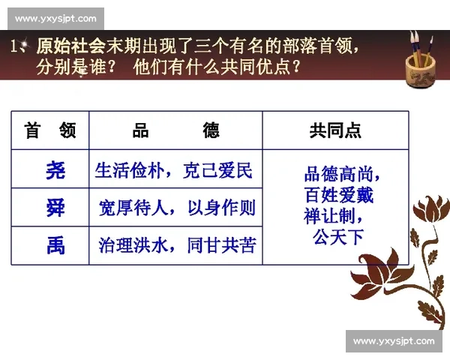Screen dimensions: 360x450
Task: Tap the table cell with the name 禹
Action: [x=55, y=245]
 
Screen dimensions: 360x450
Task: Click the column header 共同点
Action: [x=335, y=130]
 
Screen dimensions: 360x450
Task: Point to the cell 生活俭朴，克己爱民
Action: [x=173, y=170]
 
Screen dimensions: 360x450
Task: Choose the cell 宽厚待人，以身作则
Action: [x=176, y=208]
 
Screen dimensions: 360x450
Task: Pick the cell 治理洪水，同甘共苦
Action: [x=176, y=245]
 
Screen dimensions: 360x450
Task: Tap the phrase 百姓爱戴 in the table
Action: [x=338, y=196]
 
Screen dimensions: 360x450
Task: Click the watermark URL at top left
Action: [x=55, y=18]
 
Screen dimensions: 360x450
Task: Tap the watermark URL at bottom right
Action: [x=394, y=341]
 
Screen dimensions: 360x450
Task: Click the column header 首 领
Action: [x=50, y=130]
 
